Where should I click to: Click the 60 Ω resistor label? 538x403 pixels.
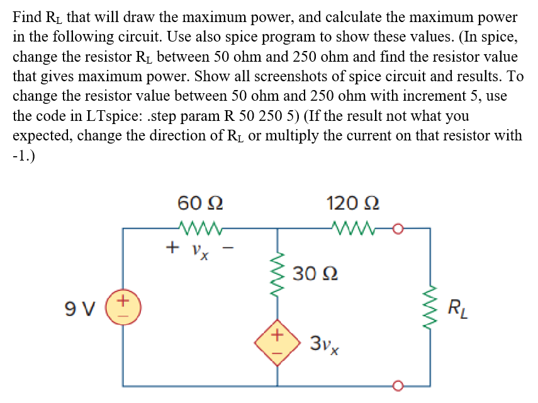pyautogui.click(x=200, y=203)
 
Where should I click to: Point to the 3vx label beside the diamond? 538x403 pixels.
pyautogui.click(x=325, y=345)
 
